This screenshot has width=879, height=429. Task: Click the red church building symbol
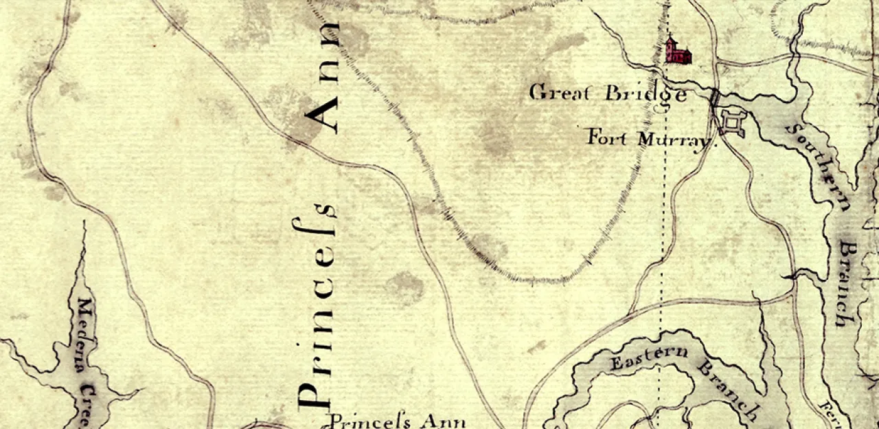[678, 52]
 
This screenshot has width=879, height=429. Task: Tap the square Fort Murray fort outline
[733, 124]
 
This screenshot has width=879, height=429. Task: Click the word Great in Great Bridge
[559, 92]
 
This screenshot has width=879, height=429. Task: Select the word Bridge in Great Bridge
[645, 94]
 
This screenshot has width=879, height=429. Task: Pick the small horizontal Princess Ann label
[398, 421]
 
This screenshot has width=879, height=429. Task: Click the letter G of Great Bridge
[537, 92]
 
